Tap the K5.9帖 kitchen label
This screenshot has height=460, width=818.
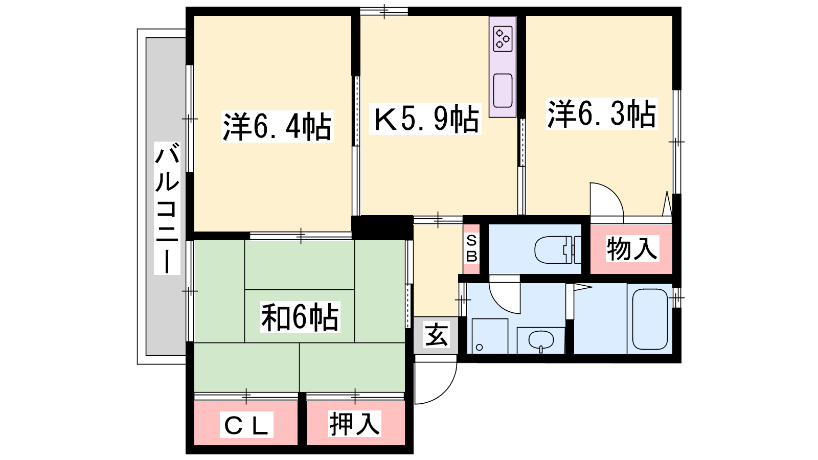(425, 119)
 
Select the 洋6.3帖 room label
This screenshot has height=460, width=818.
(602, 113)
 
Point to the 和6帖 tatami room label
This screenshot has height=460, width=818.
(300, 317)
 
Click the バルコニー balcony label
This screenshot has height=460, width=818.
(167, 208)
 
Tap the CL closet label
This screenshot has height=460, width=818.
(246, 425)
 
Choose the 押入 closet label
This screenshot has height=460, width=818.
(355, 424)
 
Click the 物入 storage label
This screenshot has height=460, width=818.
(632, 248)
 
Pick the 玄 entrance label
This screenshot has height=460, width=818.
(436, 335)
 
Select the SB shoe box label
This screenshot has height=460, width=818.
(471, 248)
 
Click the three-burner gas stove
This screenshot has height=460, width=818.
(503, 39)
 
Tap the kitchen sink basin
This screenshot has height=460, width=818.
(503, 90)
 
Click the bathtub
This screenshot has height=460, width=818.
(650, 319)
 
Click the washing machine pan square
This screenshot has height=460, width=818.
(490, 336)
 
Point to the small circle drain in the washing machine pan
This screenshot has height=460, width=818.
(480, 347)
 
